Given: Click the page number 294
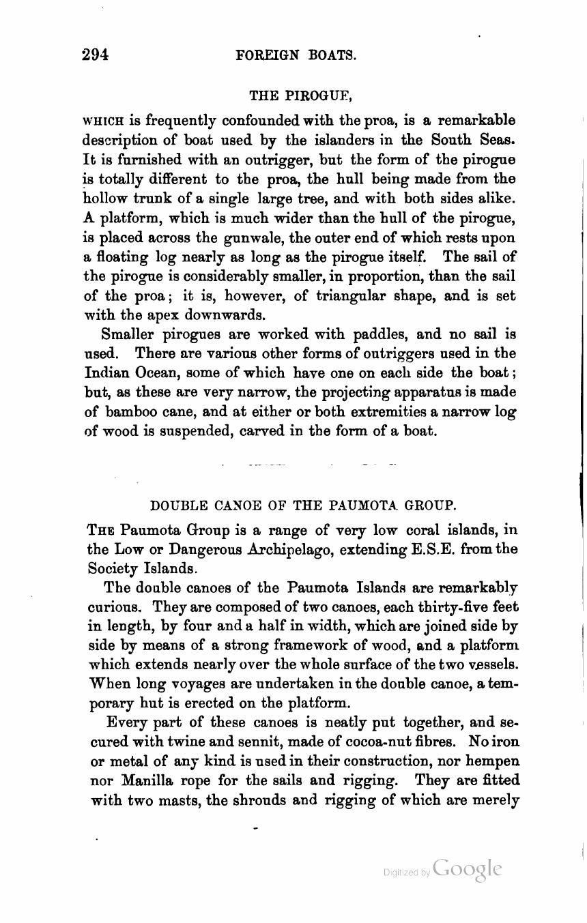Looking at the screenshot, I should click(96, 55).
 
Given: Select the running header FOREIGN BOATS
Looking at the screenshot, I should click(296, 56).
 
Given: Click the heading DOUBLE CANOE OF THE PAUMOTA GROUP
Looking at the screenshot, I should click(302, 506).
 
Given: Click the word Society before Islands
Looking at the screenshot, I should click(115, 568).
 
